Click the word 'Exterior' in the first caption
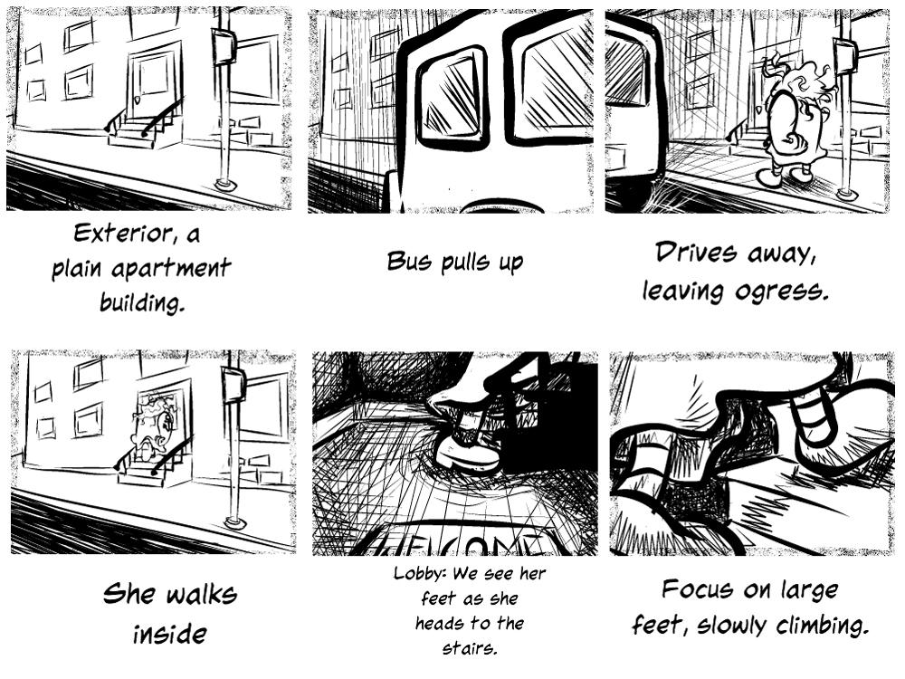[122, 234]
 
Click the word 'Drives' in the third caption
[696, 253]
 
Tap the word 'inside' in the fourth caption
[170, 634]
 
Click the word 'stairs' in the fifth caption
[469, 647]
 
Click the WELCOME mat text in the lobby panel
[456, 544]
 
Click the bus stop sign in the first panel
[224, 47]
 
